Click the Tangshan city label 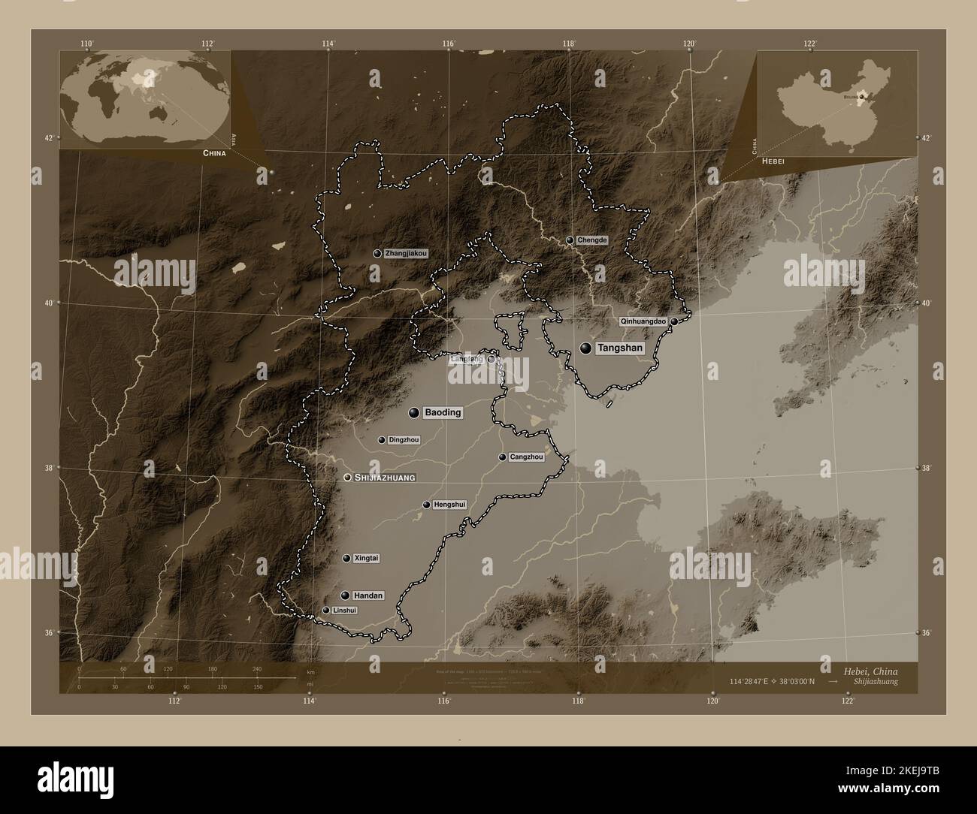click(620, 348)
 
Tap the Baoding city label click(443, 413)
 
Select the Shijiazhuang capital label click(385, 478)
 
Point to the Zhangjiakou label click(406, 254)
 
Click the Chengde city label click(591, 240)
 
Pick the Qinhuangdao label click(643, 321)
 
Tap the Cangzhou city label click(526, 457)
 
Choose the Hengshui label click(450, 505)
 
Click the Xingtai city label click(366, 559)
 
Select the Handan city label click(368, 595)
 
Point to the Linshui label click(344, 610)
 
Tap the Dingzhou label click(404, 440)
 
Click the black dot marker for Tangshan click(586, 348)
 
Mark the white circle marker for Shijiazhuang click(347, 478)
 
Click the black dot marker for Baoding click(414, 412)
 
